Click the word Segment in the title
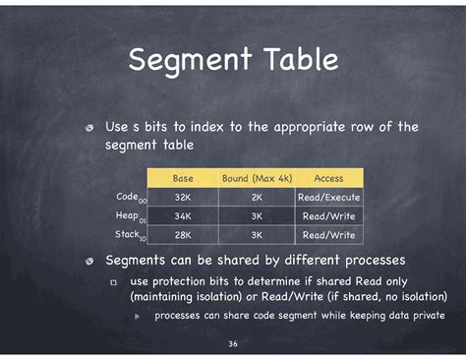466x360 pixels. [188, 61]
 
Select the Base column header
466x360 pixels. [183, 178]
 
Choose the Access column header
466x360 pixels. [328, 178]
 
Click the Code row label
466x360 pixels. [129, 197]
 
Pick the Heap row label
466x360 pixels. [129, 215]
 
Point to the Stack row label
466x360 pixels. [129, 234]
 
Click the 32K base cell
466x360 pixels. [183, 197]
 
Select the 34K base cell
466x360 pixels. [183, 215]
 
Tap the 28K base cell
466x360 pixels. [183, 235]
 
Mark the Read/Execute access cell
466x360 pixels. [328, 197]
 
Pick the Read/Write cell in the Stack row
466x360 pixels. [328, 235]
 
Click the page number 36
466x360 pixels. [233, 343]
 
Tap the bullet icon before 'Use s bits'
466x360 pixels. [89, 128]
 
